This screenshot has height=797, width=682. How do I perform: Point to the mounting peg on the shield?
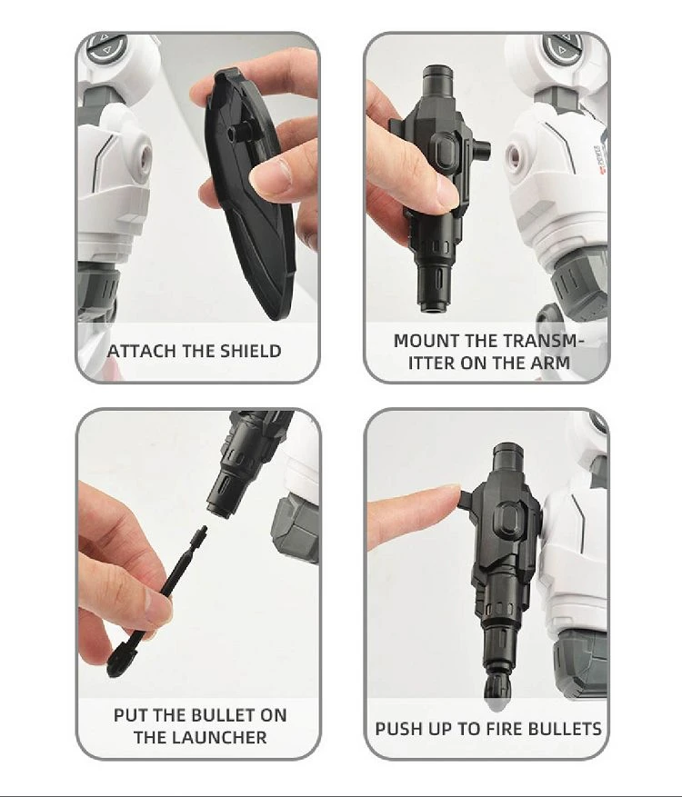[239, 133]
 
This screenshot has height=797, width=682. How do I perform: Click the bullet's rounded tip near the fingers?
[120, 661]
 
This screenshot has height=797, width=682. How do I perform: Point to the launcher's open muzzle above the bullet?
[219, 509]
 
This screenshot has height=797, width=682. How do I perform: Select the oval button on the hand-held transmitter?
[446, 151]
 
